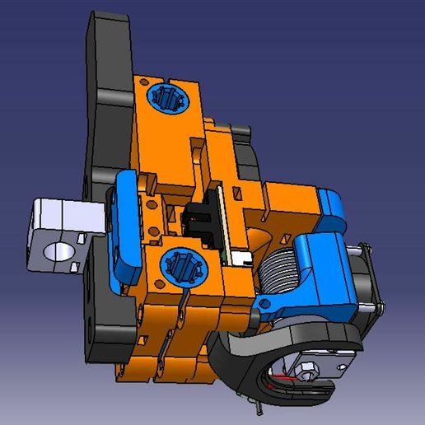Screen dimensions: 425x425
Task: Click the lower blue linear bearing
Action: coord(181,265)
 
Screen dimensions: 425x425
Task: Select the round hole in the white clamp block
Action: coord(59,251)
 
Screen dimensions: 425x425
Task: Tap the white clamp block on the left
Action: coord(64,222)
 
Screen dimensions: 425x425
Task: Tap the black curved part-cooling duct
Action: coord(247,362)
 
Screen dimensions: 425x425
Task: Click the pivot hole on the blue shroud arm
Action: coord(264,306)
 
